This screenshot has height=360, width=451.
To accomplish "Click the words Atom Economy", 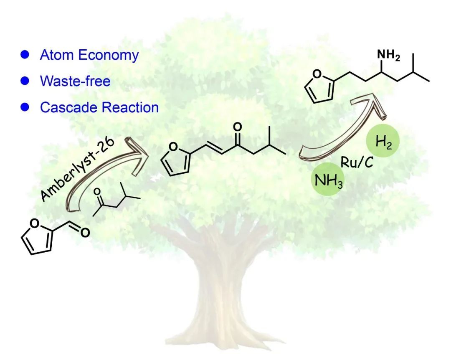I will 89,55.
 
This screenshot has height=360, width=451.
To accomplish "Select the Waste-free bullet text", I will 75,81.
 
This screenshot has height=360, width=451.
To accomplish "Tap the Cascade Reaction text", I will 99,107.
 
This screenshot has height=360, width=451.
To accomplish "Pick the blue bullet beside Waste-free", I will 25,81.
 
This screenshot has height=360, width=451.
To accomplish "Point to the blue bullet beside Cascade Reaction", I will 25,107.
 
